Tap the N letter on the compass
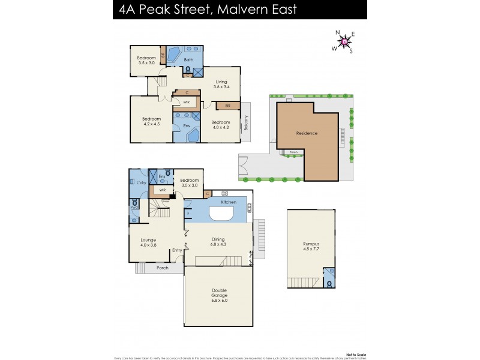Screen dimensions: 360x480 pyautogui.click(x=337, y=32)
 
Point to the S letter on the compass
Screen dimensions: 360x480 pyautogui.click(x=352, y=50)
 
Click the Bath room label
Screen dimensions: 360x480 pyautogui.click(x=188, y=60)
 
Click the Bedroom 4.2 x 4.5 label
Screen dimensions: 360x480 pyautogui.click(x=152, y=122)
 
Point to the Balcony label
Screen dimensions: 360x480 pyautogui.click(x=246, y=124)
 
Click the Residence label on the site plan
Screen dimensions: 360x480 pyautogui.click(x=307, y=133)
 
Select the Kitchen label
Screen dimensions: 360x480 pyautogui.click(x=228, y=202)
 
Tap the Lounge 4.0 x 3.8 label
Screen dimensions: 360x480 pyautogui.click(x=148, y=242)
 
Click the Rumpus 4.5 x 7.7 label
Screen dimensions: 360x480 pyautogui.click(x=311, y=247)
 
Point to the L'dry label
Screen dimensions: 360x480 pyautogui.click(x=142, y=182)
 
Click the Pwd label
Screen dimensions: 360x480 pyautogui.click(x=134, y=208)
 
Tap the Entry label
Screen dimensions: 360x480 pyautogui.click(x=177, y=250)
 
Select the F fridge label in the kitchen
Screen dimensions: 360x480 pyautogui.click(x=188, y=213)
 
